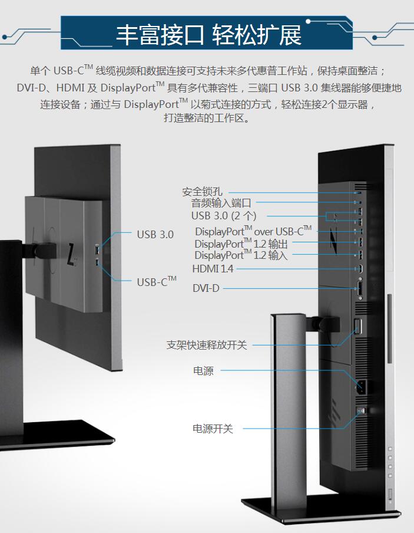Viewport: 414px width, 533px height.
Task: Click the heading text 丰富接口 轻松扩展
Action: pos(208,35)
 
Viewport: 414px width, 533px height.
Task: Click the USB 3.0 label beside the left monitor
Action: pos(155,235)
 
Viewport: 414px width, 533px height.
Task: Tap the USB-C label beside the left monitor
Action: pos(156,282)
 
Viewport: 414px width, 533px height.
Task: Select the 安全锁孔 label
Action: pos(202,192)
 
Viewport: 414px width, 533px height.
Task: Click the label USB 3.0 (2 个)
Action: pos(223,216)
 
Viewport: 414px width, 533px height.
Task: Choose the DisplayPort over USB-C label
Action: pos(253,231)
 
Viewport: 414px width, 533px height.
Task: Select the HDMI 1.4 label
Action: pos(213,269)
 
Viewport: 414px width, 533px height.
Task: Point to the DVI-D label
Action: pos(206,288)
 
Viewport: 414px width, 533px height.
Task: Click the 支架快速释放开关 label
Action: pos(206,345)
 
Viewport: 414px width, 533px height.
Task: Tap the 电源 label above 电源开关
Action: pos(203,371)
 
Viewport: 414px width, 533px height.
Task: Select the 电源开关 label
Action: pos(213,429)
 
